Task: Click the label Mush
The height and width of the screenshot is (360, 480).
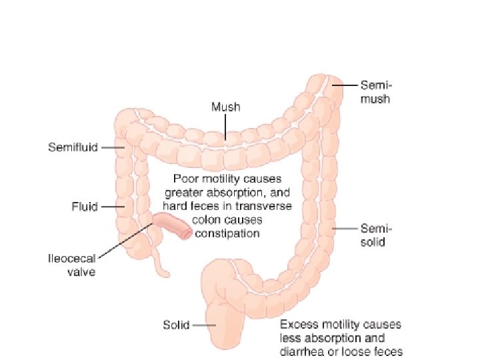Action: click(x=225, y=106)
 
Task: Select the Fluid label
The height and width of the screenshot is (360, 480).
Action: click(x=85, y=207)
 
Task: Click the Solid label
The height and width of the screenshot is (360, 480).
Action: click(x=176, y=325)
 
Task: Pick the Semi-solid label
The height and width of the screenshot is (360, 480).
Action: click(x=372, y=234)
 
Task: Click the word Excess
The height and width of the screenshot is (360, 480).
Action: click(x=299, y=325)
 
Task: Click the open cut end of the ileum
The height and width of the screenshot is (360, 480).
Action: click(x=185, y=231)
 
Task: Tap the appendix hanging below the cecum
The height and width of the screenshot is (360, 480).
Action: click(x=160, y=263)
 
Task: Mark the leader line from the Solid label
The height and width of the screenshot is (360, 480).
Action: click(x=203, y=325)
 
